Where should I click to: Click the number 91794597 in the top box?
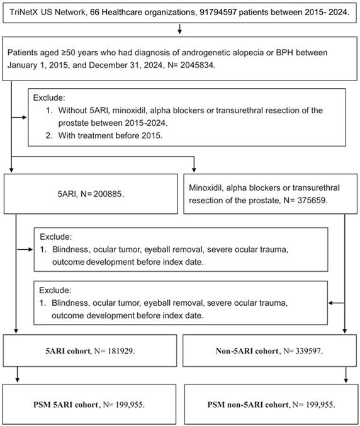pos(218,12)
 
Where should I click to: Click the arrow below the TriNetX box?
pos(179,28)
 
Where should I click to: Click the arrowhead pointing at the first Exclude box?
pos(25,118)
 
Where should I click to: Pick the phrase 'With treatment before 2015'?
pos(110,135)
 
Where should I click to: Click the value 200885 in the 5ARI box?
pos(108,194)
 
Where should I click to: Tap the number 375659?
pos(312,200)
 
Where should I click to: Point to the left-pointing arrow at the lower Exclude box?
pos(336,303)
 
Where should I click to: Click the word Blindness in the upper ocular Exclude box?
pos(70,249)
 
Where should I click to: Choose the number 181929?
pos(120,351)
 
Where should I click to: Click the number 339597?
pos(308,351)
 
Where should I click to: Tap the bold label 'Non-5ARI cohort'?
pos(247,351)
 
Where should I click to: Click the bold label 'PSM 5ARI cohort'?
pos(65,405)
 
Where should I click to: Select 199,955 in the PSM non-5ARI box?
pos(320,405)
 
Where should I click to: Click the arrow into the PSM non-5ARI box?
pos(346,375)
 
